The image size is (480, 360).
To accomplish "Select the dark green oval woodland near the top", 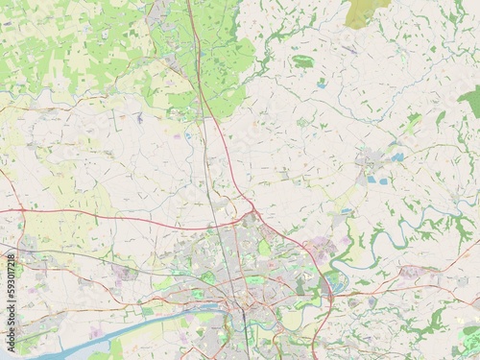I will pos(303,61).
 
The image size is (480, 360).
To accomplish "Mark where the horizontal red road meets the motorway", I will pos(252,211).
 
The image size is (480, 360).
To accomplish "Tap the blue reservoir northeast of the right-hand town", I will pos(396,156).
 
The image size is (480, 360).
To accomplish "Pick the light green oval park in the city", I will pos(264,248).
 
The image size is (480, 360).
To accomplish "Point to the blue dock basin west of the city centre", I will pos(206,313).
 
